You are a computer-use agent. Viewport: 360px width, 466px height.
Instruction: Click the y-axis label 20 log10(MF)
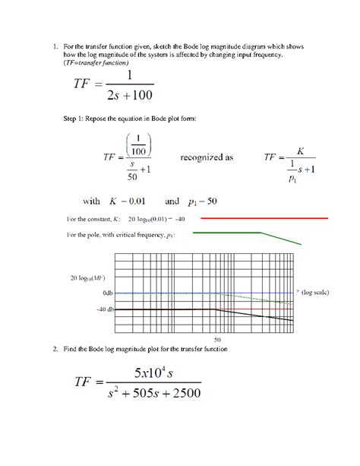click(x=90, y=278)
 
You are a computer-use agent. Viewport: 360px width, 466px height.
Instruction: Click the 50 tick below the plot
click(x=217, y=338)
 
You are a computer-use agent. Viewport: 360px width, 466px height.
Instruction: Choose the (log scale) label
click(x=314, y=293)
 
